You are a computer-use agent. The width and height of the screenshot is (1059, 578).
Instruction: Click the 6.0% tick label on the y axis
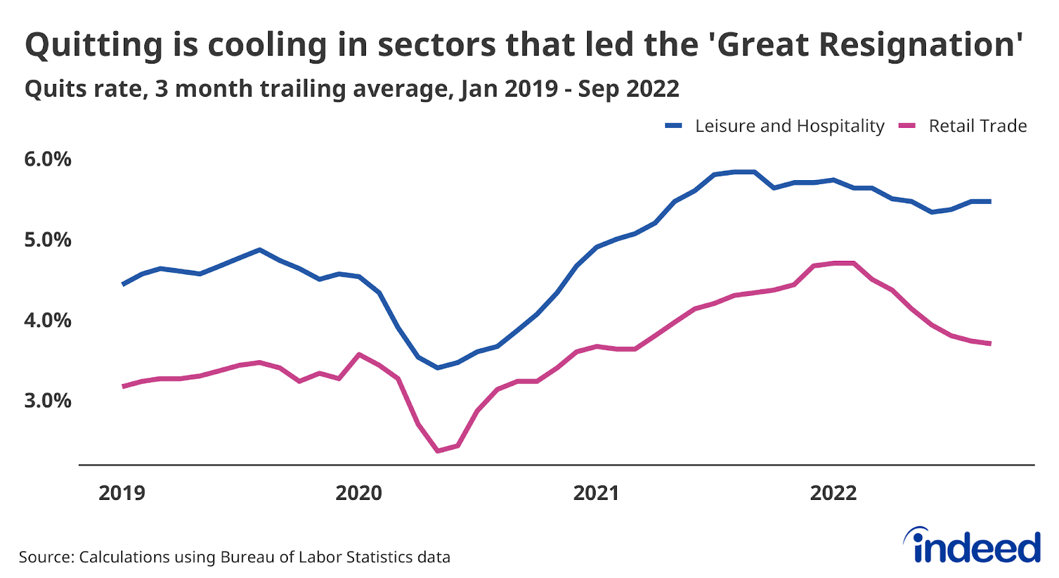click(48, 160)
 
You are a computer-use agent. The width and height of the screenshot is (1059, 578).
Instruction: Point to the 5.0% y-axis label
click(48, 240)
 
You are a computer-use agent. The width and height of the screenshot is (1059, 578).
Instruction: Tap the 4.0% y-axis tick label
click(48, 320)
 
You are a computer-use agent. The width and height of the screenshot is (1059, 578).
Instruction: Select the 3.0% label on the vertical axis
click(48, 401)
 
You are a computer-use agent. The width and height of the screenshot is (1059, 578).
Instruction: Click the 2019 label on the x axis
click(122, 493)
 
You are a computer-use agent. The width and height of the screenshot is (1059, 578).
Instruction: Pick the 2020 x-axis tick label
click(359, 493)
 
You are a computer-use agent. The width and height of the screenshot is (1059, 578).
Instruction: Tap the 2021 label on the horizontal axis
click(596, 493)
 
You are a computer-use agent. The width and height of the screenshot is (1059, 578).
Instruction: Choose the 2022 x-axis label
click(833, 493)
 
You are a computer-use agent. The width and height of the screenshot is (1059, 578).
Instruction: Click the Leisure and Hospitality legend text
click(790, 126)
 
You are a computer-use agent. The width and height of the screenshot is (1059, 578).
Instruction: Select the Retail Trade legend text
click(978, 126)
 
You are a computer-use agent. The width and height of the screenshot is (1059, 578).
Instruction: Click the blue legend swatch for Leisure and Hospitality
click(674, 126)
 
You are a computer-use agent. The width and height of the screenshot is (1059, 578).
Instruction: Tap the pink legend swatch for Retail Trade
click(907, 126)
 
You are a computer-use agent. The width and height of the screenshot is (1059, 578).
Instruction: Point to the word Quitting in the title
click(93, 45)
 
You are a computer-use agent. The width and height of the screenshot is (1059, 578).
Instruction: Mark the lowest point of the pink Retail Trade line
click(437, 451)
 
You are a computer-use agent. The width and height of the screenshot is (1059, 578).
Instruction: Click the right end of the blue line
click(990, 201)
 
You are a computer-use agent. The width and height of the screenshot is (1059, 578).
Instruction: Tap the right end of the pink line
click(990, 343)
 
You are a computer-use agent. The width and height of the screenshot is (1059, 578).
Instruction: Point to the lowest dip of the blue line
click(437, 367)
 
